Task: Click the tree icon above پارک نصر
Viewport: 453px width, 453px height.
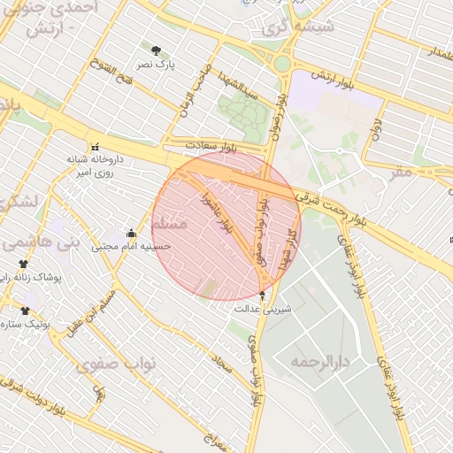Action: (x=157, y=50)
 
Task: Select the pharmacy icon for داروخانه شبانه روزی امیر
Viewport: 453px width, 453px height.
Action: (x=94, y=146)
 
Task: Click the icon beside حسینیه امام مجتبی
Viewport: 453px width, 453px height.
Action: (x=132, y=234)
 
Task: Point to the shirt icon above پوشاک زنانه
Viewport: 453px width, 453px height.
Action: (x=24, y=264)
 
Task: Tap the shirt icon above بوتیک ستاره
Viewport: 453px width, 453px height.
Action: (x=25, y=311)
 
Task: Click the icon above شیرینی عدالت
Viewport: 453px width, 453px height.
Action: (x=263, y=295)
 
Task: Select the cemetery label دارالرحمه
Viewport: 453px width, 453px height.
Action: (x=321, y=362)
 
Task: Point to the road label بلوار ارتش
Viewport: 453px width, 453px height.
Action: (x=336, y=84)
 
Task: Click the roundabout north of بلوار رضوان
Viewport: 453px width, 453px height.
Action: (x=282, y=64)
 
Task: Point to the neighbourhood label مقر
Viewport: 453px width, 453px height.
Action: (x=402, y=171)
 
